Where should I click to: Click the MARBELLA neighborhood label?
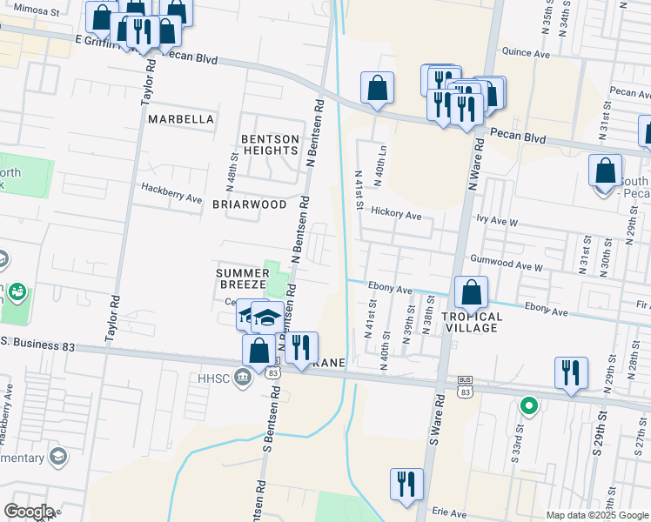(x=181, y=118)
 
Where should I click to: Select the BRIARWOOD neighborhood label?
(x=249, y=204)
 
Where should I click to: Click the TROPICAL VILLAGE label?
(x=471, y=322)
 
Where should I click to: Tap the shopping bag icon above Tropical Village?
(x=471, y=292)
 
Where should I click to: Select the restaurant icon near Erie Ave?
(x=406, y=484)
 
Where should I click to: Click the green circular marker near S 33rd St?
(x=527, y=405)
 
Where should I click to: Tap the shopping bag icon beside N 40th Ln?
(x=377, y=87)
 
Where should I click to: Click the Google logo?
(x=29, y=512)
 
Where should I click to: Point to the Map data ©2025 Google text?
(x=596, y=515)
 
